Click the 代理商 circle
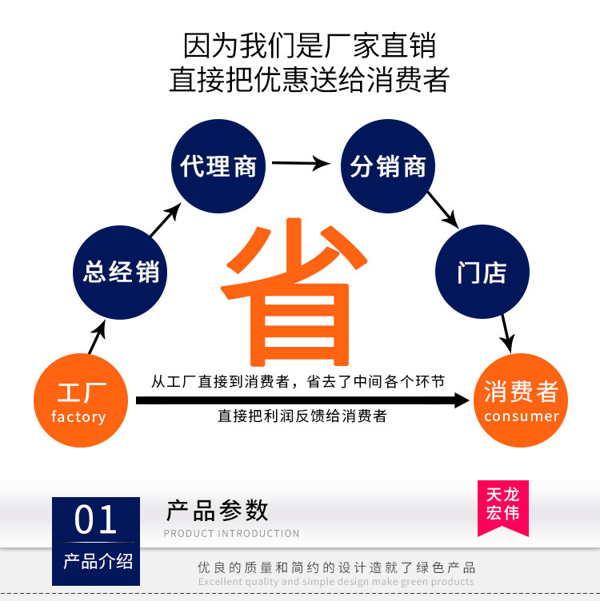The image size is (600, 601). pyautogui.click(x=218, y=166)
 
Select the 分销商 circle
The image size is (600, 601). pyautogui.click(x=388, y=166)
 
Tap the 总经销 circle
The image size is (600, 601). pyautogui.click(x=121, y=271)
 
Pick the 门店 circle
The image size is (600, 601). pyautogui.click(x=482, y=273)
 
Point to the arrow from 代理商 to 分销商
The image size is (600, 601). pyautogui.click(x=301, y=164)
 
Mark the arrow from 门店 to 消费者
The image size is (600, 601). pyautogui.click(x=505, y=331)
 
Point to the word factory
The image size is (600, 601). pyautogui.click(x=78, y=417)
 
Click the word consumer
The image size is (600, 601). pyautogui.click(x=521, y=416)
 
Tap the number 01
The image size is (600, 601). pyautogui.click(x=96, y=521)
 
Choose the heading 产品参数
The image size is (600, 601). pyautogui.click(x=217, y=510)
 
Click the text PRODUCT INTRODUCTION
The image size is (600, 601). pyautogui.click(x=231, y=533)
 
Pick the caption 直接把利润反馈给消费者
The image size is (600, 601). pyautogui.click(x=302, y=416)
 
